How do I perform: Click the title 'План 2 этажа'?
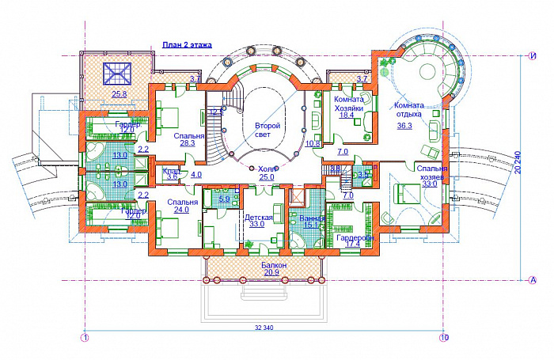[187, 46]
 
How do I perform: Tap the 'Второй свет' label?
[267, 131]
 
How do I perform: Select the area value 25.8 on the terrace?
[120, 95]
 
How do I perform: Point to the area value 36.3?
[404, 124]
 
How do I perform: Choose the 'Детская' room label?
[259, 217]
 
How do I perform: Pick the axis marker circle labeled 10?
[444, 338]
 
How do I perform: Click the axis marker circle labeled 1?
[85, 338]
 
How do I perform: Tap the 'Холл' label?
[266, 169]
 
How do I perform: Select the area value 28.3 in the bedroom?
[188, 143]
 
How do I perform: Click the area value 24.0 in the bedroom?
[181, 210]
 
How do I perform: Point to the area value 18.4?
[346, 115]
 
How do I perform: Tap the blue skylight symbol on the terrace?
[116, 73]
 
